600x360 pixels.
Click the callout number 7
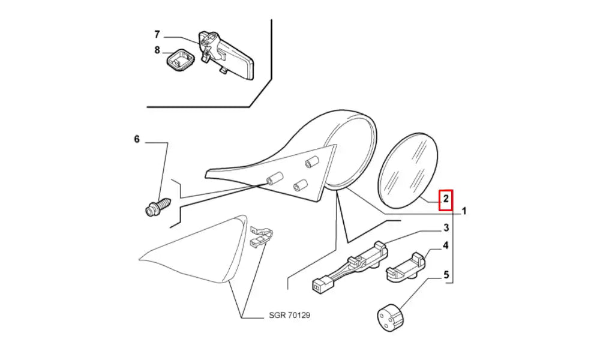(157, 35)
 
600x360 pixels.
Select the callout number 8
(157, 50)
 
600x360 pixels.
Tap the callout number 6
(137, 139)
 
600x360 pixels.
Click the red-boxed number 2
(446, 199)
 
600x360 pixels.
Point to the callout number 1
(464, 211)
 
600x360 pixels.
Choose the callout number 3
(446, 228)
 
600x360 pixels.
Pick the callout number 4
(446, 245)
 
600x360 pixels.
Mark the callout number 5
(446, 275)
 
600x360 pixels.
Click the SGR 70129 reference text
(289, 316)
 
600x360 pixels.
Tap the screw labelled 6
(158, 207)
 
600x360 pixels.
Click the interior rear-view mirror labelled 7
(226, 55)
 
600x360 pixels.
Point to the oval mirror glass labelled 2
(408, 170)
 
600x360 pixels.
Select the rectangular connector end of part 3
(319, 287)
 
